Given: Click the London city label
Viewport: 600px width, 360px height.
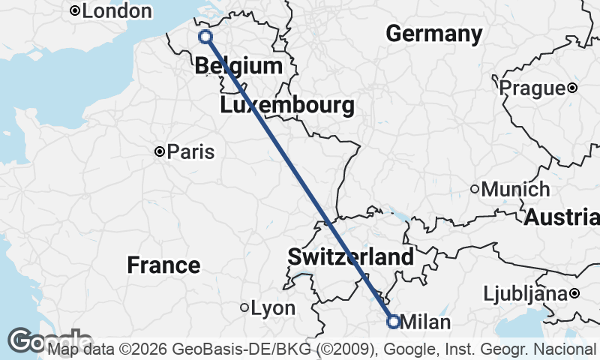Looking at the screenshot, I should coord(116,11).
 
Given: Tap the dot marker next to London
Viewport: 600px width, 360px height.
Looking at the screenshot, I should coord(75,11).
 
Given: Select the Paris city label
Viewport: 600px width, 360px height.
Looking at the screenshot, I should coord(190,152).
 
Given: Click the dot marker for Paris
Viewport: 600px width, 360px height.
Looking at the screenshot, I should coord(160,152).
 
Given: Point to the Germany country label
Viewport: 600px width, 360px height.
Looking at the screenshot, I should coord(434,34).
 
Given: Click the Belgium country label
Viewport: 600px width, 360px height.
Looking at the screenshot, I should coord(238,66).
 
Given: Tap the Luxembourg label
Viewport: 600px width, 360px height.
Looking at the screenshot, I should coord(287,106).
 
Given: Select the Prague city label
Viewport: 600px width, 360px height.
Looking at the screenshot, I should coord(532,88).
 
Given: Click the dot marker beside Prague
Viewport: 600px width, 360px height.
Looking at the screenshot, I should coord(572,88).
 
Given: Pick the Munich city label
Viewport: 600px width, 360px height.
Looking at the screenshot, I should coord(515,190).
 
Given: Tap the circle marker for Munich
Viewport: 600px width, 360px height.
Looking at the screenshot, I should coord(475,190).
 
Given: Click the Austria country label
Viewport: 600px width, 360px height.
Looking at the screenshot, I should coord(561,217).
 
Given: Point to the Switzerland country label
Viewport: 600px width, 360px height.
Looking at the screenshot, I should coord(350,257).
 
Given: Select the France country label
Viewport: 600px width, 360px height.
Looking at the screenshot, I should coord(163,265).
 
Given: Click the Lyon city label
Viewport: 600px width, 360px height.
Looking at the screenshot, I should coord(273,308).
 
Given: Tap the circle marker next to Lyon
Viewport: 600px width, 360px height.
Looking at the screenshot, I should coord(244,307).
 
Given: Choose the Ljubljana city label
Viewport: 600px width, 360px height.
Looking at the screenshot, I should coord(524,293).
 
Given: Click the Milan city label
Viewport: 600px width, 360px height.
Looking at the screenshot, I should coord(426,322).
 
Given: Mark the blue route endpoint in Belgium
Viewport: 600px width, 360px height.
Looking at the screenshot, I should coord(205,37).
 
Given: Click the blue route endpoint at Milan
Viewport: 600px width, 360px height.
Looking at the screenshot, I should coord(393,321).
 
